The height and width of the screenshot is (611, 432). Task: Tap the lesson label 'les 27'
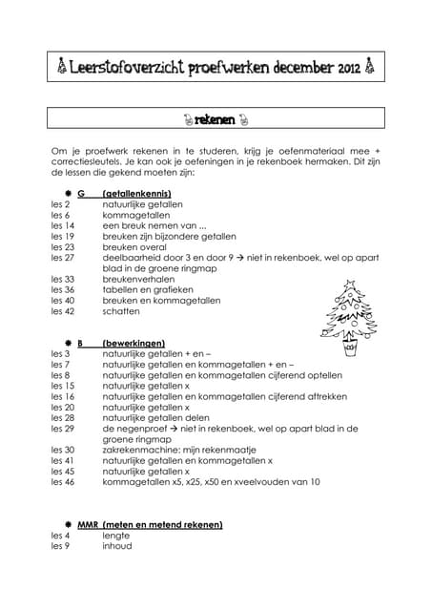coord(63,258)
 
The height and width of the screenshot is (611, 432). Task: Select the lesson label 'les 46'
coord(63,482)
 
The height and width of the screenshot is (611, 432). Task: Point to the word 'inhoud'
coord(117,546)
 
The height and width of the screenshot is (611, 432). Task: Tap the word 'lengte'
coord(117,536)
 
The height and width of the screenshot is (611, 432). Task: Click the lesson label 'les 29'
coord(63,429)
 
